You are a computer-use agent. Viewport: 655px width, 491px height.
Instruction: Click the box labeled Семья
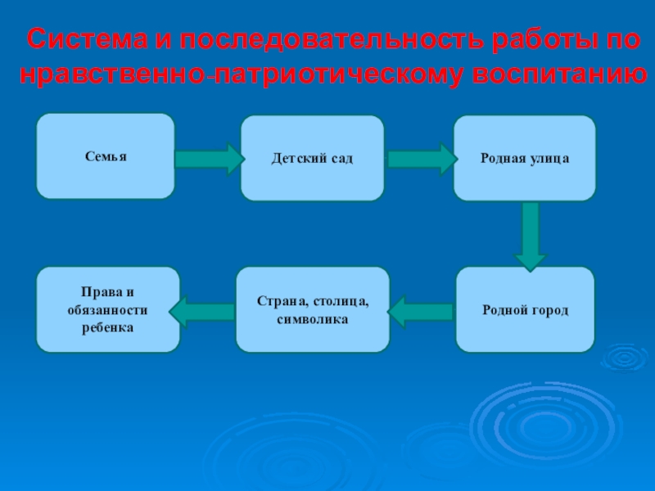click(x=106, y=156)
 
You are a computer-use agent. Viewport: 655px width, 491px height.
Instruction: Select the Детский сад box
click(x=312, y=158)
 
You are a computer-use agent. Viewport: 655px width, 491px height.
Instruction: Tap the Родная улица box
click(x=525, y=158)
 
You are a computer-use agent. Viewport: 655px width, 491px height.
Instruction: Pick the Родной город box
click(x=526, y=310)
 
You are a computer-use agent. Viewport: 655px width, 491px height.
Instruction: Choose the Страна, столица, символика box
click(x=313, y=310)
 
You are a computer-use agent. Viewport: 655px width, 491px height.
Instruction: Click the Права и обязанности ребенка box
click(x=107, y=310)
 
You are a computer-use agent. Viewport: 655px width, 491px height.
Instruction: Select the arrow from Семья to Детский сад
click(x=208, y=157)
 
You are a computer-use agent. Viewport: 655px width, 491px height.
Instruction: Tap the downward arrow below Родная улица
click(x=531, y=235)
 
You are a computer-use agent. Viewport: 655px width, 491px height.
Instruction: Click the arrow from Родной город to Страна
click(x=421, y=311)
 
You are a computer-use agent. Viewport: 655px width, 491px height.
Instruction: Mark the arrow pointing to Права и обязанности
click(x=202, y=311)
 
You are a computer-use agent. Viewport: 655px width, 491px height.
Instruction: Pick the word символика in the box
click(x=313, y=319)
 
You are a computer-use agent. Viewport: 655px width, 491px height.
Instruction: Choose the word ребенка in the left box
click(x=107, y=327)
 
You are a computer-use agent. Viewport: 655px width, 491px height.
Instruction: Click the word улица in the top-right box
click(x=552, y=158)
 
